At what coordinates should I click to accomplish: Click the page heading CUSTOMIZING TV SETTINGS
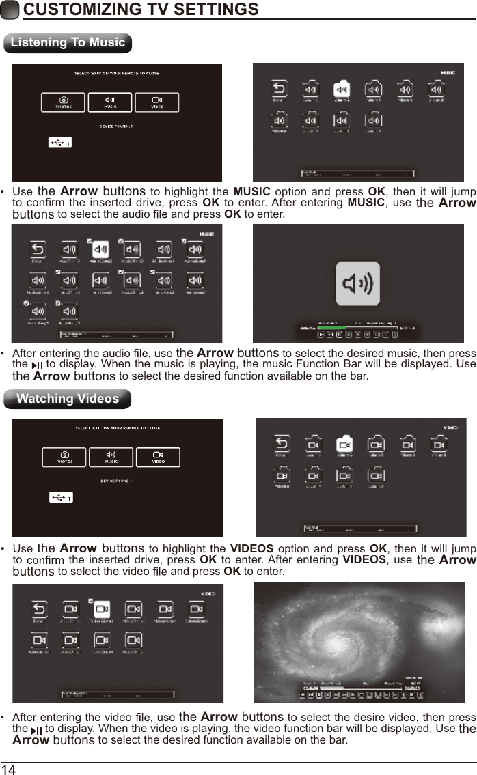coord(140,10)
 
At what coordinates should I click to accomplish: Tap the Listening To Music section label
coord(68,42)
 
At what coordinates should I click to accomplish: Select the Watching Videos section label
coord(67,399)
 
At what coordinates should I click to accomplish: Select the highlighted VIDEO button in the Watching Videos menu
coord(158,457)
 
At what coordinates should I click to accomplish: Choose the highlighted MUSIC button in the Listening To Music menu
coord(110,102)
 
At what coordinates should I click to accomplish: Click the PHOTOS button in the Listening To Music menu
coord(64,102)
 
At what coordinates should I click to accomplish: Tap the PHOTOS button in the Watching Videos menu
coord(64,457)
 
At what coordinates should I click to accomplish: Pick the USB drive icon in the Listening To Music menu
coord(61,143)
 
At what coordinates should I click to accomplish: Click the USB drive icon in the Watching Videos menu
coord(61,498)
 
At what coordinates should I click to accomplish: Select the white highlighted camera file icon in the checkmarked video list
coord(101,608)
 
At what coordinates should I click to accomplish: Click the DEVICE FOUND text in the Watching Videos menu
coord(117,481)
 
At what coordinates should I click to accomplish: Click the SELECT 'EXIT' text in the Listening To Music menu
coord(117,73)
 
